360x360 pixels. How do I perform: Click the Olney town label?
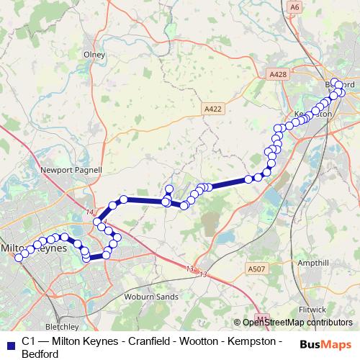tap(94, 54)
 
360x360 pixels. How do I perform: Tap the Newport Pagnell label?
tap(71, 171)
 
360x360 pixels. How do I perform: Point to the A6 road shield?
tap(294, 6)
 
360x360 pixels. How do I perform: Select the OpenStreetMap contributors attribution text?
tap(297, 323)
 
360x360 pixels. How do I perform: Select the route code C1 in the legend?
tap(28, 341)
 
